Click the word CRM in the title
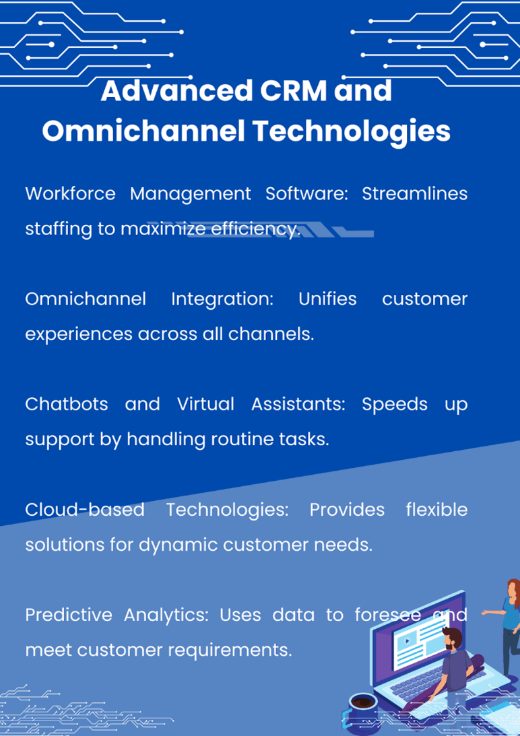pos(293,91)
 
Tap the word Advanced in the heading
pos(177,91)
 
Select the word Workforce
pos(71,193)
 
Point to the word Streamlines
pos(414,193)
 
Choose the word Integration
pos(222,300)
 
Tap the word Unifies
pos(327,298)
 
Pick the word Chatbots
pos(67,404)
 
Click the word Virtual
pos(205,404)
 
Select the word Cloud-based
pos(85,509)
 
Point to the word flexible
pos(437,509)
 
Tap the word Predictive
pos(69,614)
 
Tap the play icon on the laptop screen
pos(407,640)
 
